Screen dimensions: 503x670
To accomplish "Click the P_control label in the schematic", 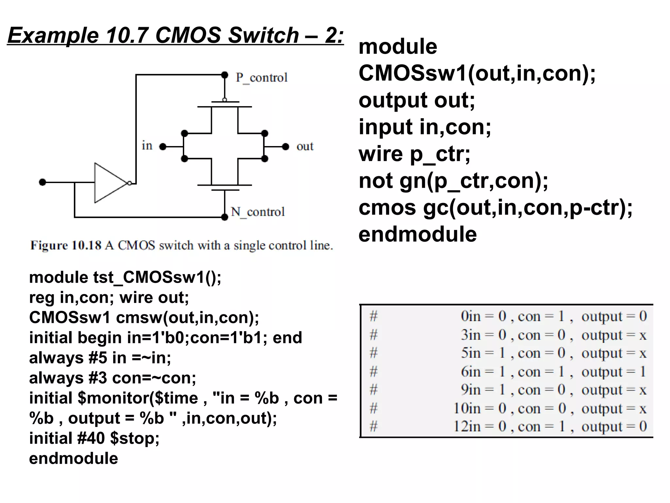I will tap(261, 78).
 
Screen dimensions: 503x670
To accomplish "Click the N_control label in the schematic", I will tap(258, 212).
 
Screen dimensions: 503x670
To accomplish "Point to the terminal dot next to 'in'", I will tap(163, 146).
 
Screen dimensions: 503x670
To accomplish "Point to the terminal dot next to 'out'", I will tap(286, 146).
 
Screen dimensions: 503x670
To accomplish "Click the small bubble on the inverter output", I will tap(130, 183).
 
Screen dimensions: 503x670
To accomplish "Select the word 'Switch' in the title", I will tap(263, 35).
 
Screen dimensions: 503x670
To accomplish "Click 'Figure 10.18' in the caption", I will tap(66, 245).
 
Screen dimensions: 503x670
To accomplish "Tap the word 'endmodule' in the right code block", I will tap(417, 234).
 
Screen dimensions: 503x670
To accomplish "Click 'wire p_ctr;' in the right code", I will tap(414, 154).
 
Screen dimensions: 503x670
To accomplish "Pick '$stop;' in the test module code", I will tap(135, 438).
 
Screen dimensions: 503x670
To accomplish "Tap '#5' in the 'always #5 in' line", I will tap(97, 358).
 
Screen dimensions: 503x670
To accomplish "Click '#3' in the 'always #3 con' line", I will tap(97, 378).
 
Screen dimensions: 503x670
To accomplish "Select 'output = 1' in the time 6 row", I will tap(613, 372).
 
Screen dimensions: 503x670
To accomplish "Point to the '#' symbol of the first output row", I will tap(374, 316).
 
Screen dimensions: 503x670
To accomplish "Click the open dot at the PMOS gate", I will tap(224, 100).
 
